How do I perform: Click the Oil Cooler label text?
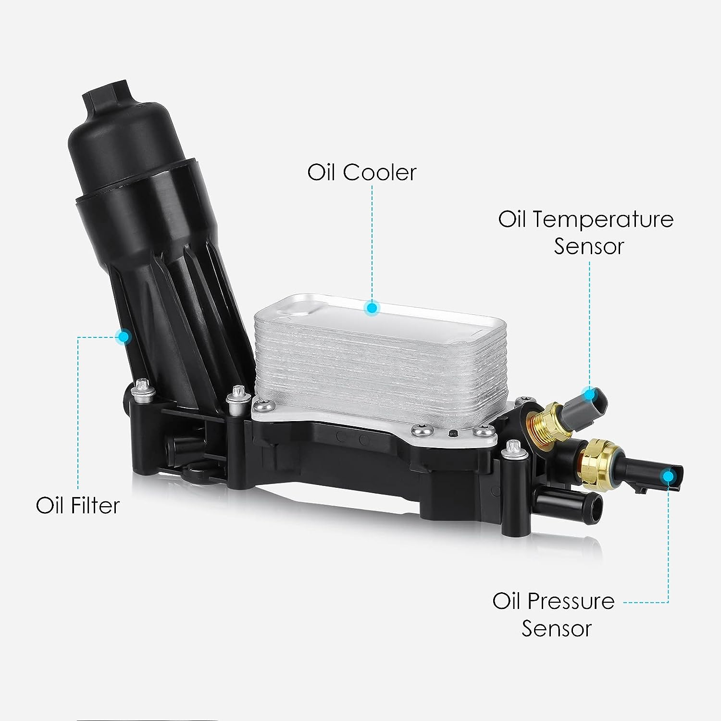click(x=361, y=172)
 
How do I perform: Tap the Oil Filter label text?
click(x=77, y=505)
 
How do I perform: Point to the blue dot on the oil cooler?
click(x=371, y=308)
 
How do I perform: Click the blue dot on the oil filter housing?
click(x=124, y=336)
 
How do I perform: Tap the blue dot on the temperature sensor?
click(x=589, y=394)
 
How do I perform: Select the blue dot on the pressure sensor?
click(x=667, y=476)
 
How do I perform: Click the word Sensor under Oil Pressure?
click(x=557, y=629)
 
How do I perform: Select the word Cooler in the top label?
click(x=380, y=172)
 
